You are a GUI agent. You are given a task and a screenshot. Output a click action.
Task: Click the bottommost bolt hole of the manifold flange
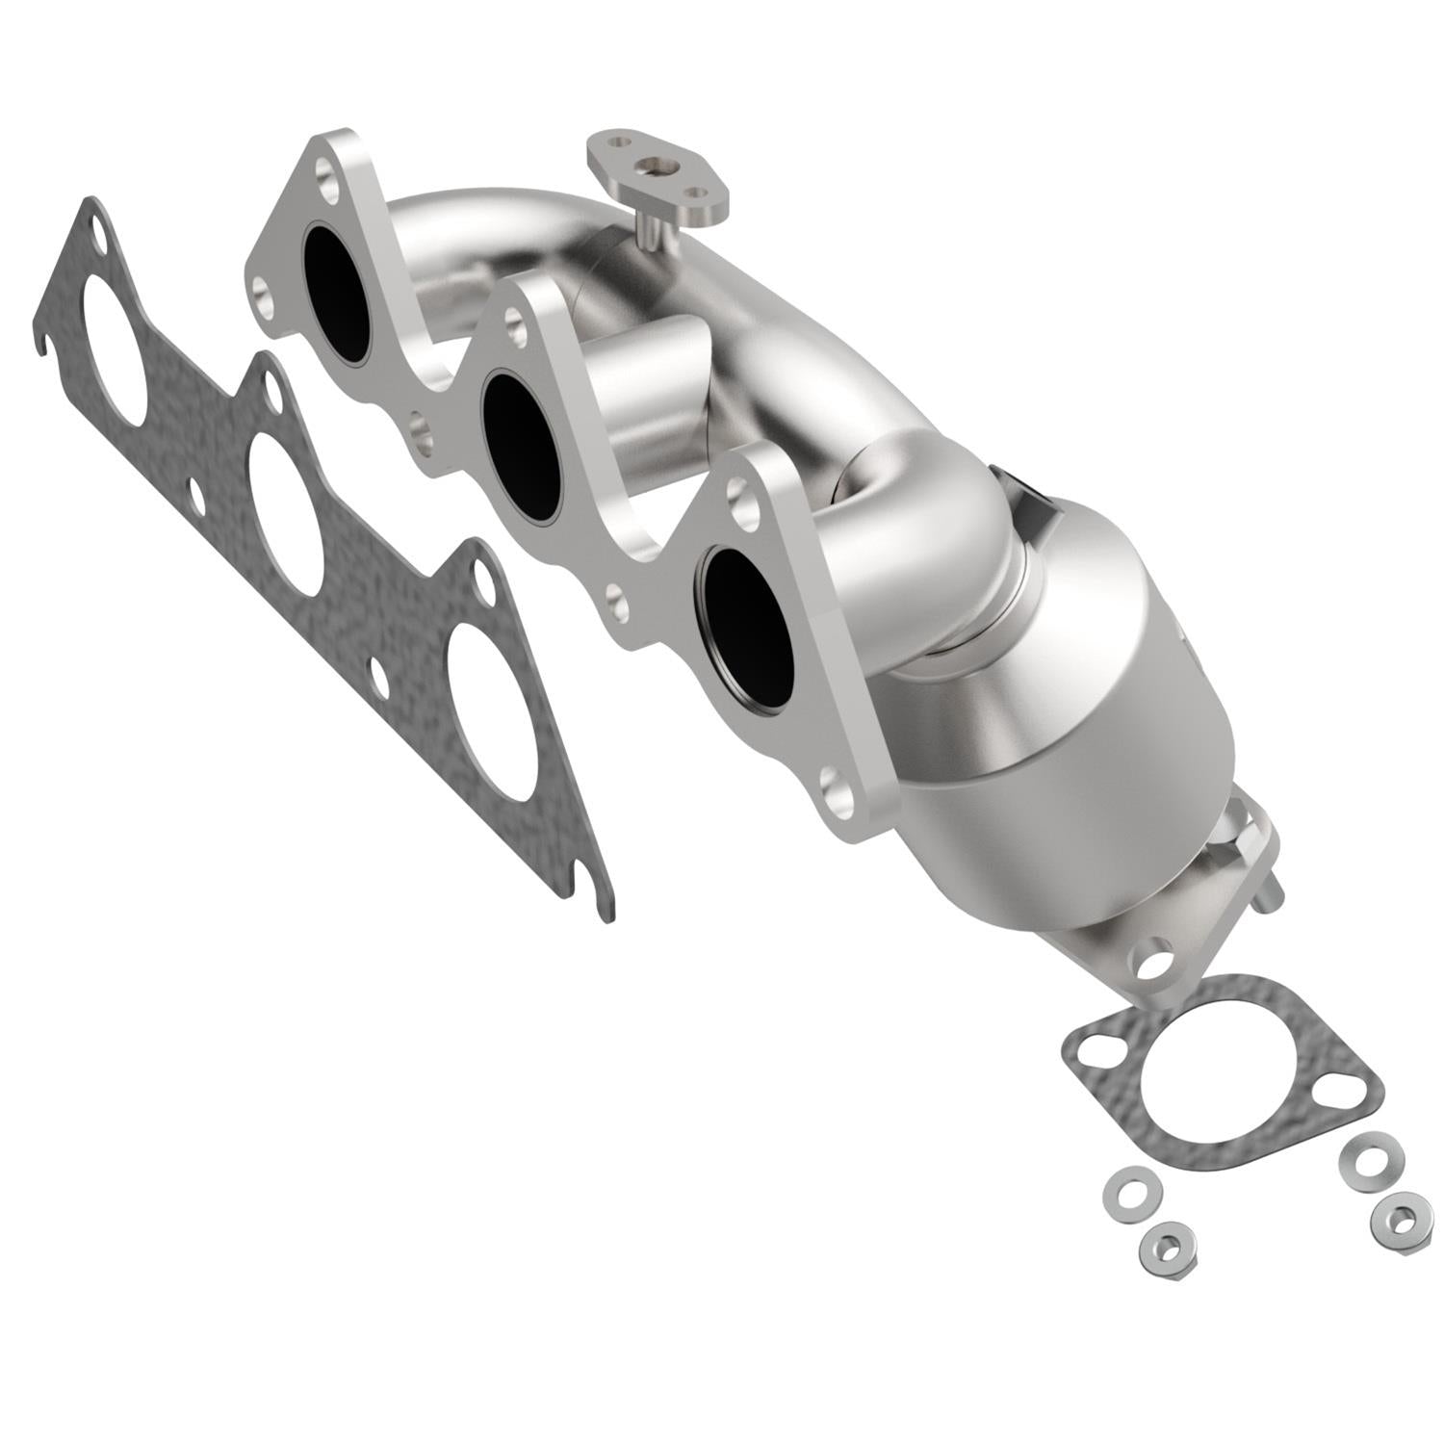click(x=838, y=796)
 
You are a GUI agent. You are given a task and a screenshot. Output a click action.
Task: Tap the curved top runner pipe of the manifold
click(x=501, y=217)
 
